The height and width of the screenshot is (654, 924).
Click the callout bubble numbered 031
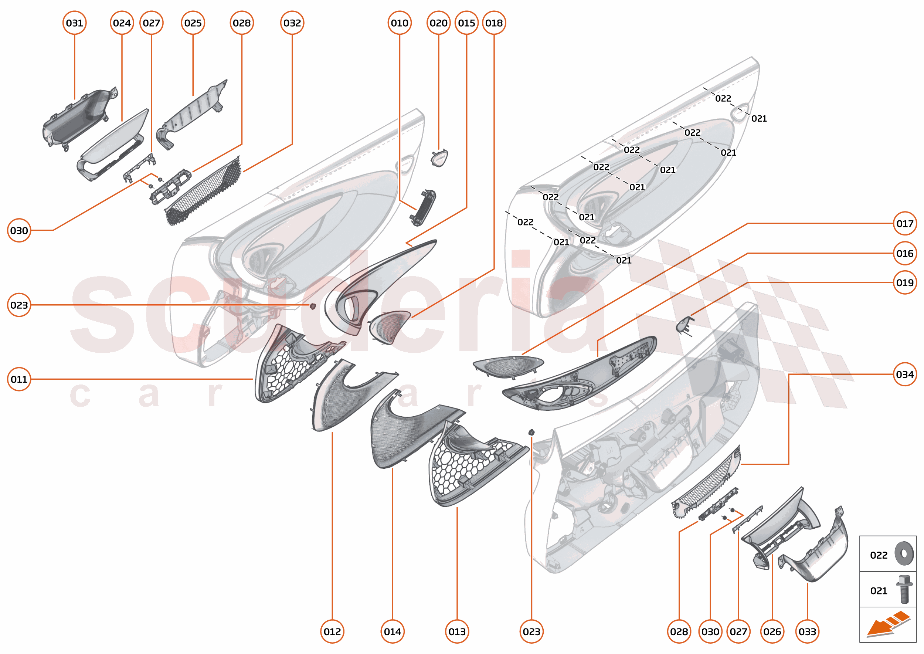tap(75, 23)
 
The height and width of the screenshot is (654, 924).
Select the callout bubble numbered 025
tap(193, 23)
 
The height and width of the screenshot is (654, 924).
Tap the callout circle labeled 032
tap(292, 23)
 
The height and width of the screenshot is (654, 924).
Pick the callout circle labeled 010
tap(400, 23)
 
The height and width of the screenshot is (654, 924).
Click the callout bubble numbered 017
tap(905, 224)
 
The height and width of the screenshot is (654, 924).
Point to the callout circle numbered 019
tap(905, 283)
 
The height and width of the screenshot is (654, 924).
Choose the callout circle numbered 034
tap(905, 375)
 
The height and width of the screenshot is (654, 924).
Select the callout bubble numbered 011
tap(19, 379)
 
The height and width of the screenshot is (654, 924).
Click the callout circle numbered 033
tap(807, 632)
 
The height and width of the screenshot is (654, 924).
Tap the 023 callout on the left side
tap(19, 305)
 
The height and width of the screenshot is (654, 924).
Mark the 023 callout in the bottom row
tap(531, 632)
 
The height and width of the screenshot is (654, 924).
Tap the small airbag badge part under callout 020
tap(440, 158)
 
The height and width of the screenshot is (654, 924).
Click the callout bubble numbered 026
tap(772, 632)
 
